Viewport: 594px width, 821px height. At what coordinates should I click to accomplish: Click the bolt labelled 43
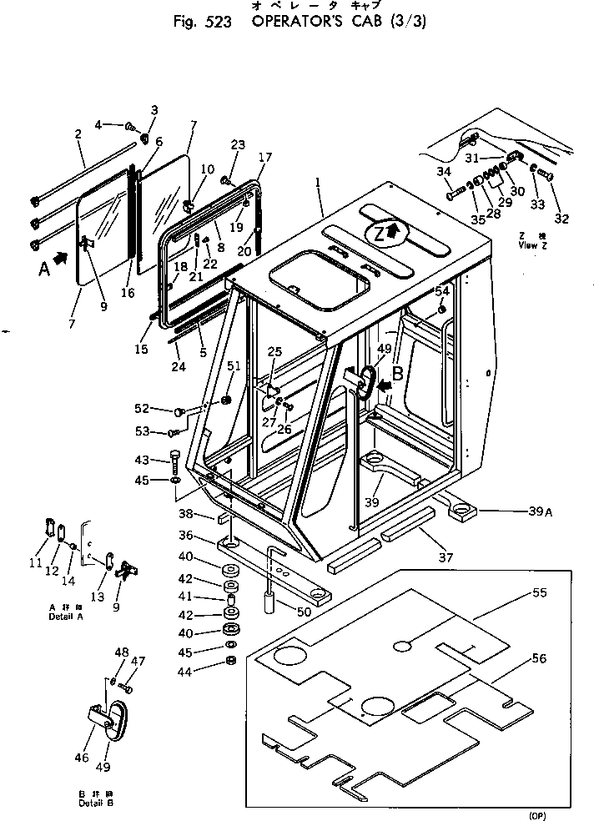click(x=174, y=460)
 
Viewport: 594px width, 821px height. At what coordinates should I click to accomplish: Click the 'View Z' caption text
click(x=528, y=245)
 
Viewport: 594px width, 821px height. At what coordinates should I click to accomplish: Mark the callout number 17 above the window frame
click(x=264, y=157)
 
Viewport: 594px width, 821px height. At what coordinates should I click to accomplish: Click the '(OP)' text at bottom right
click(x=538, y=813)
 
